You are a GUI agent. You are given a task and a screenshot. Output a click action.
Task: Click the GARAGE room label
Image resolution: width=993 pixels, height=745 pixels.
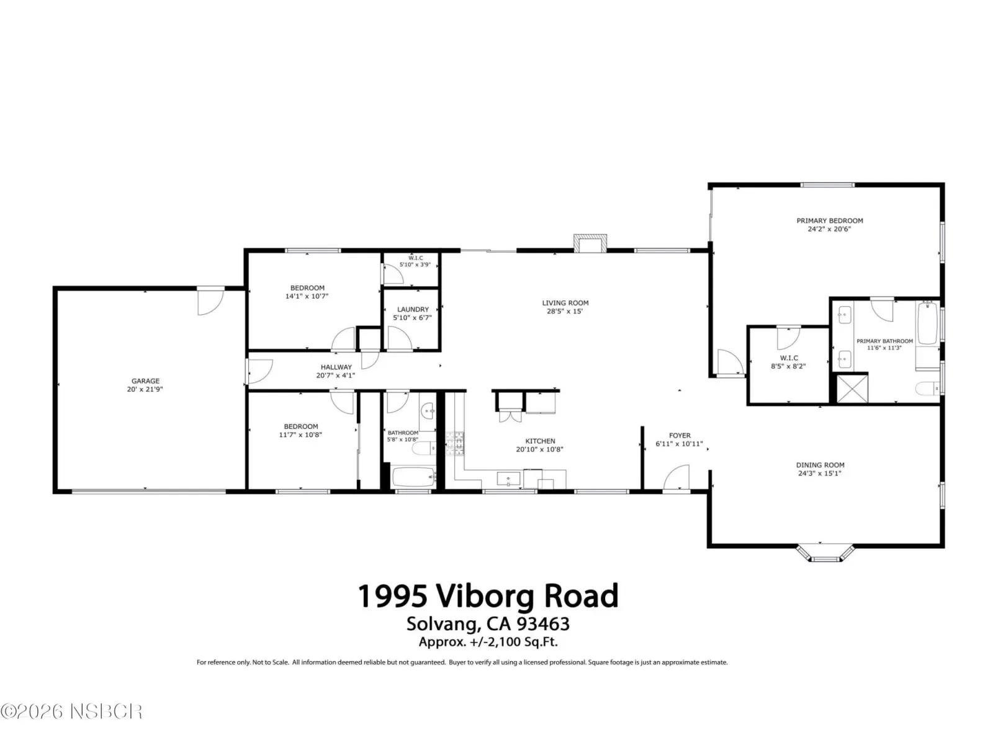tap(145, 381)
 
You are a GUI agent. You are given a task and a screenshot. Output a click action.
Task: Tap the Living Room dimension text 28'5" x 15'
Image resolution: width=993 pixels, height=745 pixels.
tap(565, 311)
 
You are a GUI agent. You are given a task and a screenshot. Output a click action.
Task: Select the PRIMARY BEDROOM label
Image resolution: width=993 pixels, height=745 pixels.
tap(829, 221)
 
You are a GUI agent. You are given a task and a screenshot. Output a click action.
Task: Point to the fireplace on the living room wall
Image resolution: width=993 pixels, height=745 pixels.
tap(590, 243)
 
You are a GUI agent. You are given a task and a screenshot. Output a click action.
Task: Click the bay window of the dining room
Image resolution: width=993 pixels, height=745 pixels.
tap(825, 553)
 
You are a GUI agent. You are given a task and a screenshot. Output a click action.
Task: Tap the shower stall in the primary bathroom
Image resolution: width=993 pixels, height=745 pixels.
tap(852, 389)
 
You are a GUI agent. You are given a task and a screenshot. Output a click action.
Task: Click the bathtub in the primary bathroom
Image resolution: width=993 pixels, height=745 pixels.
tap(927, 323)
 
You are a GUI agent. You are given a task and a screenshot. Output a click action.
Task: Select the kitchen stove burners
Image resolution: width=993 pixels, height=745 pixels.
tap(455, 443)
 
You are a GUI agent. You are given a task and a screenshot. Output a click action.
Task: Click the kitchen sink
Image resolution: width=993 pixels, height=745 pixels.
tap(508, 479)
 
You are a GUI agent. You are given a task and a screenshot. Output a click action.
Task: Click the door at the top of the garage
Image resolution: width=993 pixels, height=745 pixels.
tap(210, 301)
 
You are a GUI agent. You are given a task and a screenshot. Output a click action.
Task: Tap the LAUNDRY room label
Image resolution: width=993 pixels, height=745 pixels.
tap(413, 309)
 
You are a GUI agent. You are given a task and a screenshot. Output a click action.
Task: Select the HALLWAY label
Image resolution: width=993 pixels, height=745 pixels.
tap(336, 368)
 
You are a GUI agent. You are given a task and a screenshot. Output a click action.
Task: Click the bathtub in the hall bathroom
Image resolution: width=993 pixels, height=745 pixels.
tap(413, 477)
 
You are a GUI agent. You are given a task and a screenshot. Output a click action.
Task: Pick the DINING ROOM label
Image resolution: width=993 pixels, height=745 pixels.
tap(820, 465)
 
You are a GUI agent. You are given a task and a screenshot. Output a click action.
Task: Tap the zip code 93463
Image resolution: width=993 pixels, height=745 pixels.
tap(543, 624)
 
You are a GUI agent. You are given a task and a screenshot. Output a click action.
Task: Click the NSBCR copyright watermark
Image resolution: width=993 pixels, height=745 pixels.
tap(71, 711)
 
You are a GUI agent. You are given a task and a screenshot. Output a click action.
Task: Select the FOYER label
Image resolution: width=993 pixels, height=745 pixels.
tap(680, 436)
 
